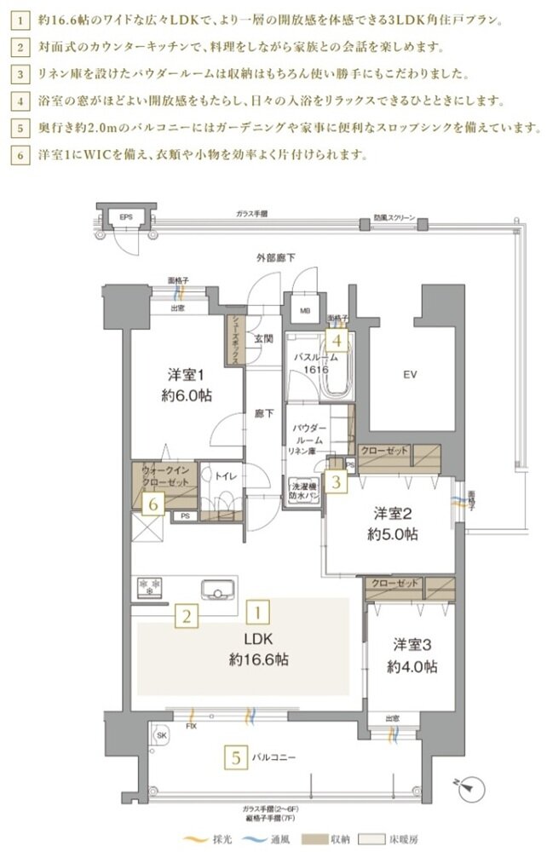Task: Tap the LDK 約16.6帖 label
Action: click(257, 649)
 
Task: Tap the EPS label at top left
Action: click(126, 218)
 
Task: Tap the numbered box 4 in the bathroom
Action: click(337, 342)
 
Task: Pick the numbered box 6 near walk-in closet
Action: click(153, 504)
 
